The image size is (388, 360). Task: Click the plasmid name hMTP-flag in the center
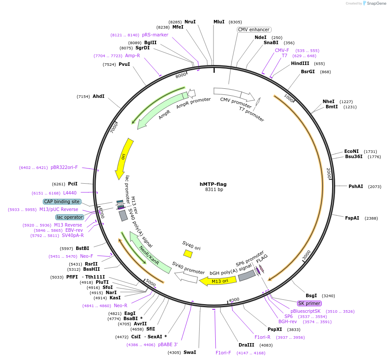(213, 184)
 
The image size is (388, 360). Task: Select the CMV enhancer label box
(254, 29)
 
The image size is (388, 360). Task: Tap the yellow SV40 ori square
(188, 253)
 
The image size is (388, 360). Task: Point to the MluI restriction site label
(219, 22)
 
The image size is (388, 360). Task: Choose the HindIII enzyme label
(300, 63)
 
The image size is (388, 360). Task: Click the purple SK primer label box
(309, 303)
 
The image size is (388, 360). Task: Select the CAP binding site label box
(61, 201)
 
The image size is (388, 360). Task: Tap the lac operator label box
(69, 217)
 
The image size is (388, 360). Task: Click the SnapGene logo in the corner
(374, 3)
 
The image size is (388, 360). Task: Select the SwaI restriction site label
(190, 352)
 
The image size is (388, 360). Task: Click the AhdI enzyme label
(98, 96)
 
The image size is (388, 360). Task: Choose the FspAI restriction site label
(352, 218)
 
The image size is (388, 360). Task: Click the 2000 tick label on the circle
(328, 173)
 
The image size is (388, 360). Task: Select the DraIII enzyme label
(246, 345)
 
